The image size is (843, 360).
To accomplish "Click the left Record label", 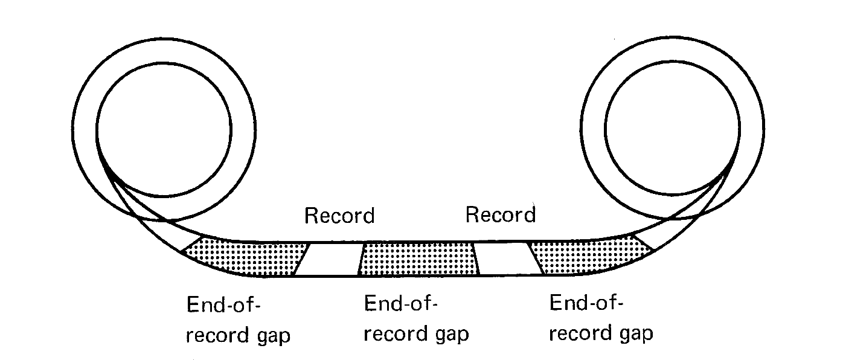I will tap(339, 216).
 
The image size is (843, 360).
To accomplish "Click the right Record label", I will tap(501, 214).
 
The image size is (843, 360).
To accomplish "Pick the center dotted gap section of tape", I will tap(418, 259).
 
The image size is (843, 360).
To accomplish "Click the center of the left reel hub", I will tap(162, 129).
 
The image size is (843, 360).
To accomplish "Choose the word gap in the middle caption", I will tap(449, 335).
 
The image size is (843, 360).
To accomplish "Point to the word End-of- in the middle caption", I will tap(400, 304).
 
